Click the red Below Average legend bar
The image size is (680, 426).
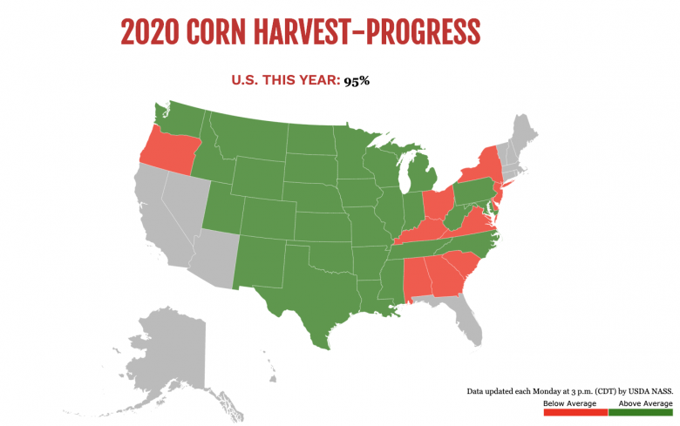(575, 412)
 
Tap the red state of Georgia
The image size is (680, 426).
(445, 279)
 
